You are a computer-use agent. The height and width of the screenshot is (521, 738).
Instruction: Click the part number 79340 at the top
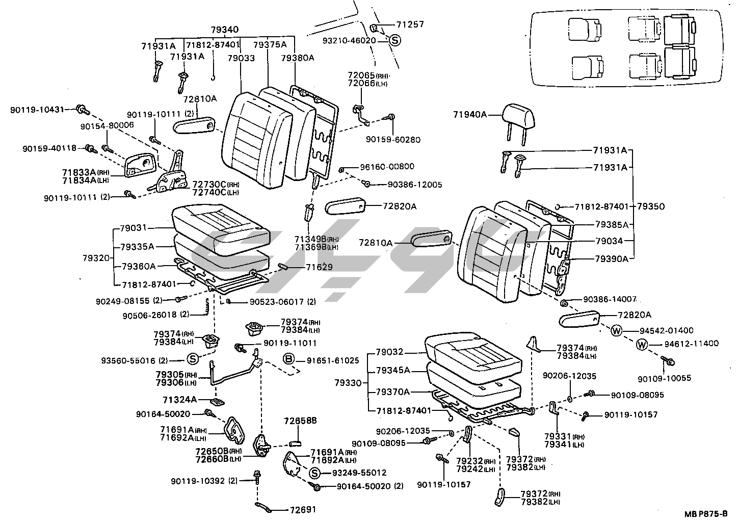point(225,30)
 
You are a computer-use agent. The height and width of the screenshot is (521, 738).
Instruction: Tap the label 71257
point(410,24)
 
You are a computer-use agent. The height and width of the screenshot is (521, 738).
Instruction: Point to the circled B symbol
point(289,360)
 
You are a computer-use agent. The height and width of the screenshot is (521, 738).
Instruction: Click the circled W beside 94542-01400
point(616,330)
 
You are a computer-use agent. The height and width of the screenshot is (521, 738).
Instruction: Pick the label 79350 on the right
point(651,206)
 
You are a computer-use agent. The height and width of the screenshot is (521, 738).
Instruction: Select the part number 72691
point(303,509)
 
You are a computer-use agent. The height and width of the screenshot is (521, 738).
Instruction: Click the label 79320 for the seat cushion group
point(96,258)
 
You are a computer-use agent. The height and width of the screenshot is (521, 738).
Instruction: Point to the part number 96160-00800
point(387,166)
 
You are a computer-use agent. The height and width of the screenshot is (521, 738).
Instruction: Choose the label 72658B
point(301,421)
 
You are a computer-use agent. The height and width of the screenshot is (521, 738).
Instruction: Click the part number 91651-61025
point(333,360)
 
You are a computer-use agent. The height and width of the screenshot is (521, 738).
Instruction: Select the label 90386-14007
point(610,300)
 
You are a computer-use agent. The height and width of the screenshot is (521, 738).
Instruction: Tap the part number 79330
point(349,382)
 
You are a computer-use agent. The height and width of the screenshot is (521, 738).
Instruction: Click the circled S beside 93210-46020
point(395,41)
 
